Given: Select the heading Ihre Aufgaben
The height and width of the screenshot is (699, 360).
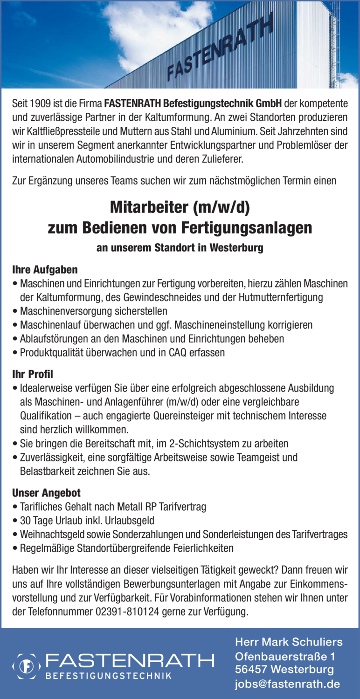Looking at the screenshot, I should [x=45, y=269].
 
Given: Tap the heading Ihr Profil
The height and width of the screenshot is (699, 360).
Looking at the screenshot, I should [x=33, y=374].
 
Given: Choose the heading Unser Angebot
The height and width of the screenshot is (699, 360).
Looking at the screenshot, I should [x=46, y=493].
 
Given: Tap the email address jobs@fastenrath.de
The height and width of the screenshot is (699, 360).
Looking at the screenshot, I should [x=287, y=684].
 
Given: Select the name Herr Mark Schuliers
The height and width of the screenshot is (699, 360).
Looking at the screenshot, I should [x=289, y=642].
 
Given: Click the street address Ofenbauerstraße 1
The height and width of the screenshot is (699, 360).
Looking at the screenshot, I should [x=285, y=657].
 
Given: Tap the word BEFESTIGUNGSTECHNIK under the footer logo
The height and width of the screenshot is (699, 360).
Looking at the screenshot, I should [x=109, y=675].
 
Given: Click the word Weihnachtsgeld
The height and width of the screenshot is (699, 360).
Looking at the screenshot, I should [x=50, y=534].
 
